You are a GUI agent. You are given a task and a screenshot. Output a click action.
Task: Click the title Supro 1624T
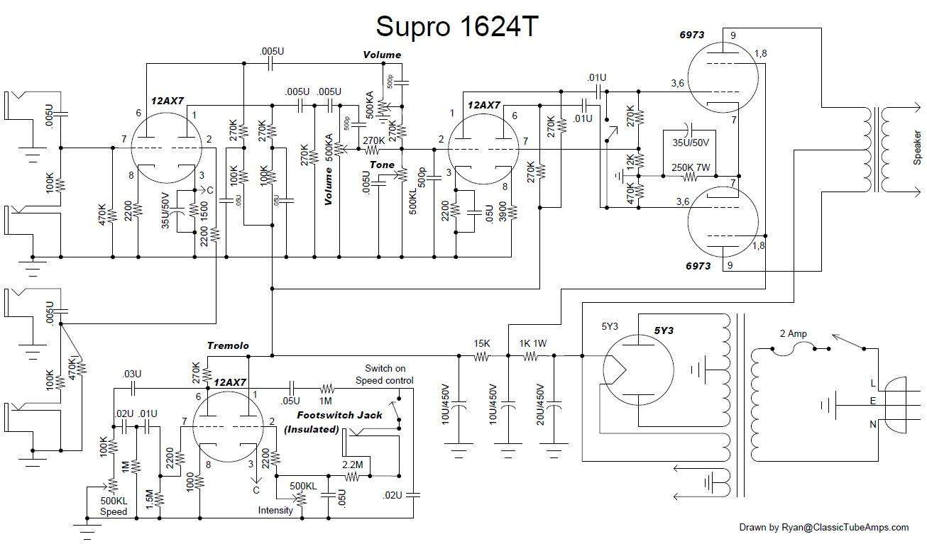tap(457, 26)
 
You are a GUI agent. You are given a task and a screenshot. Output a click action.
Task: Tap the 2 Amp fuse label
tap(793, 333)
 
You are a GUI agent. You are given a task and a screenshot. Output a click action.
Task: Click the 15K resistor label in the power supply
tap(481, 343)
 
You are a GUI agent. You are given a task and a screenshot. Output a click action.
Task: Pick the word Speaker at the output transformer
tap(917, 148)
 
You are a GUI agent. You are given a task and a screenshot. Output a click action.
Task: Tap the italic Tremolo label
tap(228, 345)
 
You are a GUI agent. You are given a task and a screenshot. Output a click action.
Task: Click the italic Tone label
tap(381, 165)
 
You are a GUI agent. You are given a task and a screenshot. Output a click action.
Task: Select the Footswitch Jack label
tap(339, 415)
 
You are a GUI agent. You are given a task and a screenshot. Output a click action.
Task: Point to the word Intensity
tap(275, 510)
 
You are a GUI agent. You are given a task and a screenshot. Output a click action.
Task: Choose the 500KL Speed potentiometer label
tap(114, 506)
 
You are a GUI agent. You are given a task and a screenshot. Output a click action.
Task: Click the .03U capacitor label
tap(131, 374)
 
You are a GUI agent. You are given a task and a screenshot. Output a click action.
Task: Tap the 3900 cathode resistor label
tap(503, 212)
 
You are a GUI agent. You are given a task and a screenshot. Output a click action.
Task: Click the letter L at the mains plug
tap(873, 383)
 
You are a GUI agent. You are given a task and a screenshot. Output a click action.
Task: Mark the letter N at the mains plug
tap(873, 424)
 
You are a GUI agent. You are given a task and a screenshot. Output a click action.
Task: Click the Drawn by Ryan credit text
tap(823, 527)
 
